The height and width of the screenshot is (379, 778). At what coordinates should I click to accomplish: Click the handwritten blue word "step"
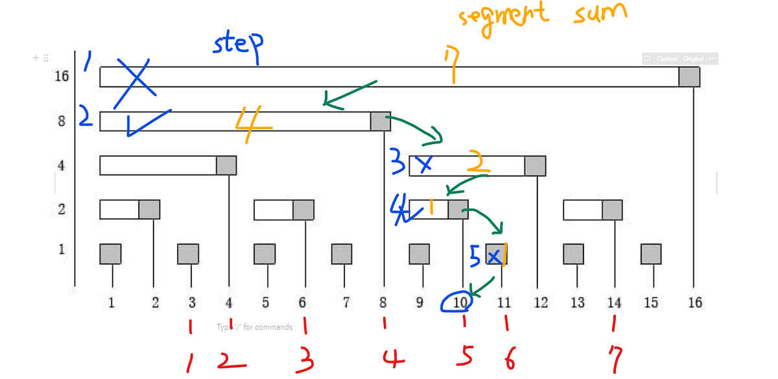point(239,45)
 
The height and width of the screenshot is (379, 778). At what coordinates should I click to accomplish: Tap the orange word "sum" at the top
point(600,14)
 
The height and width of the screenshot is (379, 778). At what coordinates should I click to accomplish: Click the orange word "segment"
point(503,16)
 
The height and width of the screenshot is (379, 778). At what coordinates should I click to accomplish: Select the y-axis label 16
point(62,77)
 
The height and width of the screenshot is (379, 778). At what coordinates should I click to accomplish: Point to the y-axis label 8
point(62,121)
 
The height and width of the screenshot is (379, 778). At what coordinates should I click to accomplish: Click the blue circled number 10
point(457,302)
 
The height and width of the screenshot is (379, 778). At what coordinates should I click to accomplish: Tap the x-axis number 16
point(694,302)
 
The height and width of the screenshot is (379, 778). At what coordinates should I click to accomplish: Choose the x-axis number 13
point(577,302)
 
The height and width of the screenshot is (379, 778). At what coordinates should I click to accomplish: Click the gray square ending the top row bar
point(689,77)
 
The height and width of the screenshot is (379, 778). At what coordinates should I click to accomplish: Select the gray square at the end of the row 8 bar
point(381,121)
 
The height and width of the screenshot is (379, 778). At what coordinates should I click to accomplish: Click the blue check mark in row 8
point(146,122)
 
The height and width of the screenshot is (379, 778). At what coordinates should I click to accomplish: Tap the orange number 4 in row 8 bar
point(253,125)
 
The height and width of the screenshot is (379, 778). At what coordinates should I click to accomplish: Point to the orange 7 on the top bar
point(453,67)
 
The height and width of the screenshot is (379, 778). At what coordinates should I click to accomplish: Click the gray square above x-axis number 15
point(651,254)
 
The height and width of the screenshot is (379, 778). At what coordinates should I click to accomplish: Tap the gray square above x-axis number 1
point(110,254)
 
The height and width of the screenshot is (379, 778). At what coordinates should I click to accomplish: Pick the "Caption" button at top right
point(666,59)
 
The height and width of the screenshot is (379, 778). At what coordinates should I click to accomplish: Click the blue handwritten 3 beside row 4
point(397,162)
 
